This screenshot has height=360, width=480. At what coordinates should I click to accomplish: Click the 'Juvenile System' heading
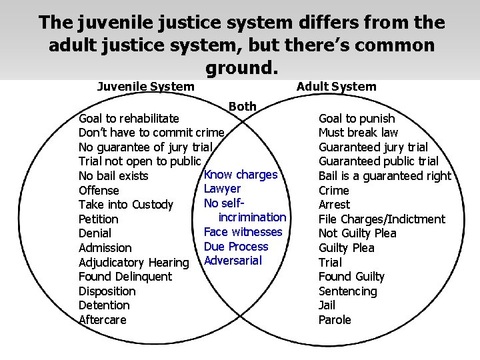(145, 86)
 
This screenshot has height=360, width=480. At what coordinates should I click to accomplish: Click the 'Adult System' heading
(336, 86)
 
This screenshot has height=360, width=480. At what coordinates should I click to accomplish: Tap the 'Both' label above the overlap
(242, 106)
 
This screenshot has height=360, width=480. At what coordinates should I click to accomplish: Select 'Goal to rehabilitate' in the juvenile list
(129, 119)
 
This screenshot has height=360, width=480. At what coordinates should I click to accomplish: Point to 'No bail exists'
(113, 176)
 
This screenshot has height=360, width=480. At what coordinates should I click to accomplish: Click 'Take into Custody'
(126, 205)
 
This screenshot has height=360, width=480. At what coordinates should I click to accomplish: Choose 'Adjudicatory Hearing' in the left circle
(134, 263)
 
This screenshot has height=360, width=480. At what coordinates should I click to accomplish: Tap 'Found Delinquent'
(125, 277)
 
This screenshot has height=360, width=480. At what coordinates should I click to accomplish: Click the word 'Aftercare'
(103, 320)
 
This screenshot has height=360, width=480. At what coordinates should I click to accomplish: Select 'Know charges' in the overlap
(241, 175)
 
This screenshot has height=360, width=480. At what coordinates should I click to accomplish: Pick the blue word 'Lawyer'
(223, 189)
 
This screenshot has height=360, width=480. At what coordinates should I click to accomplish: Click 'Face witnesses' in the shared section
(243, 232)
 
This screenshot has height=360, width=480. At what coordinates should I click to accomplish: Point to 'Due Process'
(236, 247)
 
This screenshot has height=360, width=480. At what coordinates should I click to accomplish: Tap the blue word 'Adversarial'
(233, 261)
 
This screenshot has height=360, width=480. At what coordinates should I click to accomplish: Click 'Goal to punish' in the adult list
(357, 119)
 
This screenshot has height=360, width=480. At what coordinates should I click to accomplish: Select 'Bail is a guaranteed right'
(385, 176)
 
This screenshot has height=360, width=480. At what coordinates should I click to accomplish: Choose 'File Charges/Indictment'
(381, 219)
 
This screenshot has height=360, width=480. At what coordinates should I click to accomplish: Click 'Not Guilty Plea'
(357, 233)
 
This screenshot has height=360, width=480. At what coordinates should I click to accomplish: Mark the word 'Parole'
(335, 320)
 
